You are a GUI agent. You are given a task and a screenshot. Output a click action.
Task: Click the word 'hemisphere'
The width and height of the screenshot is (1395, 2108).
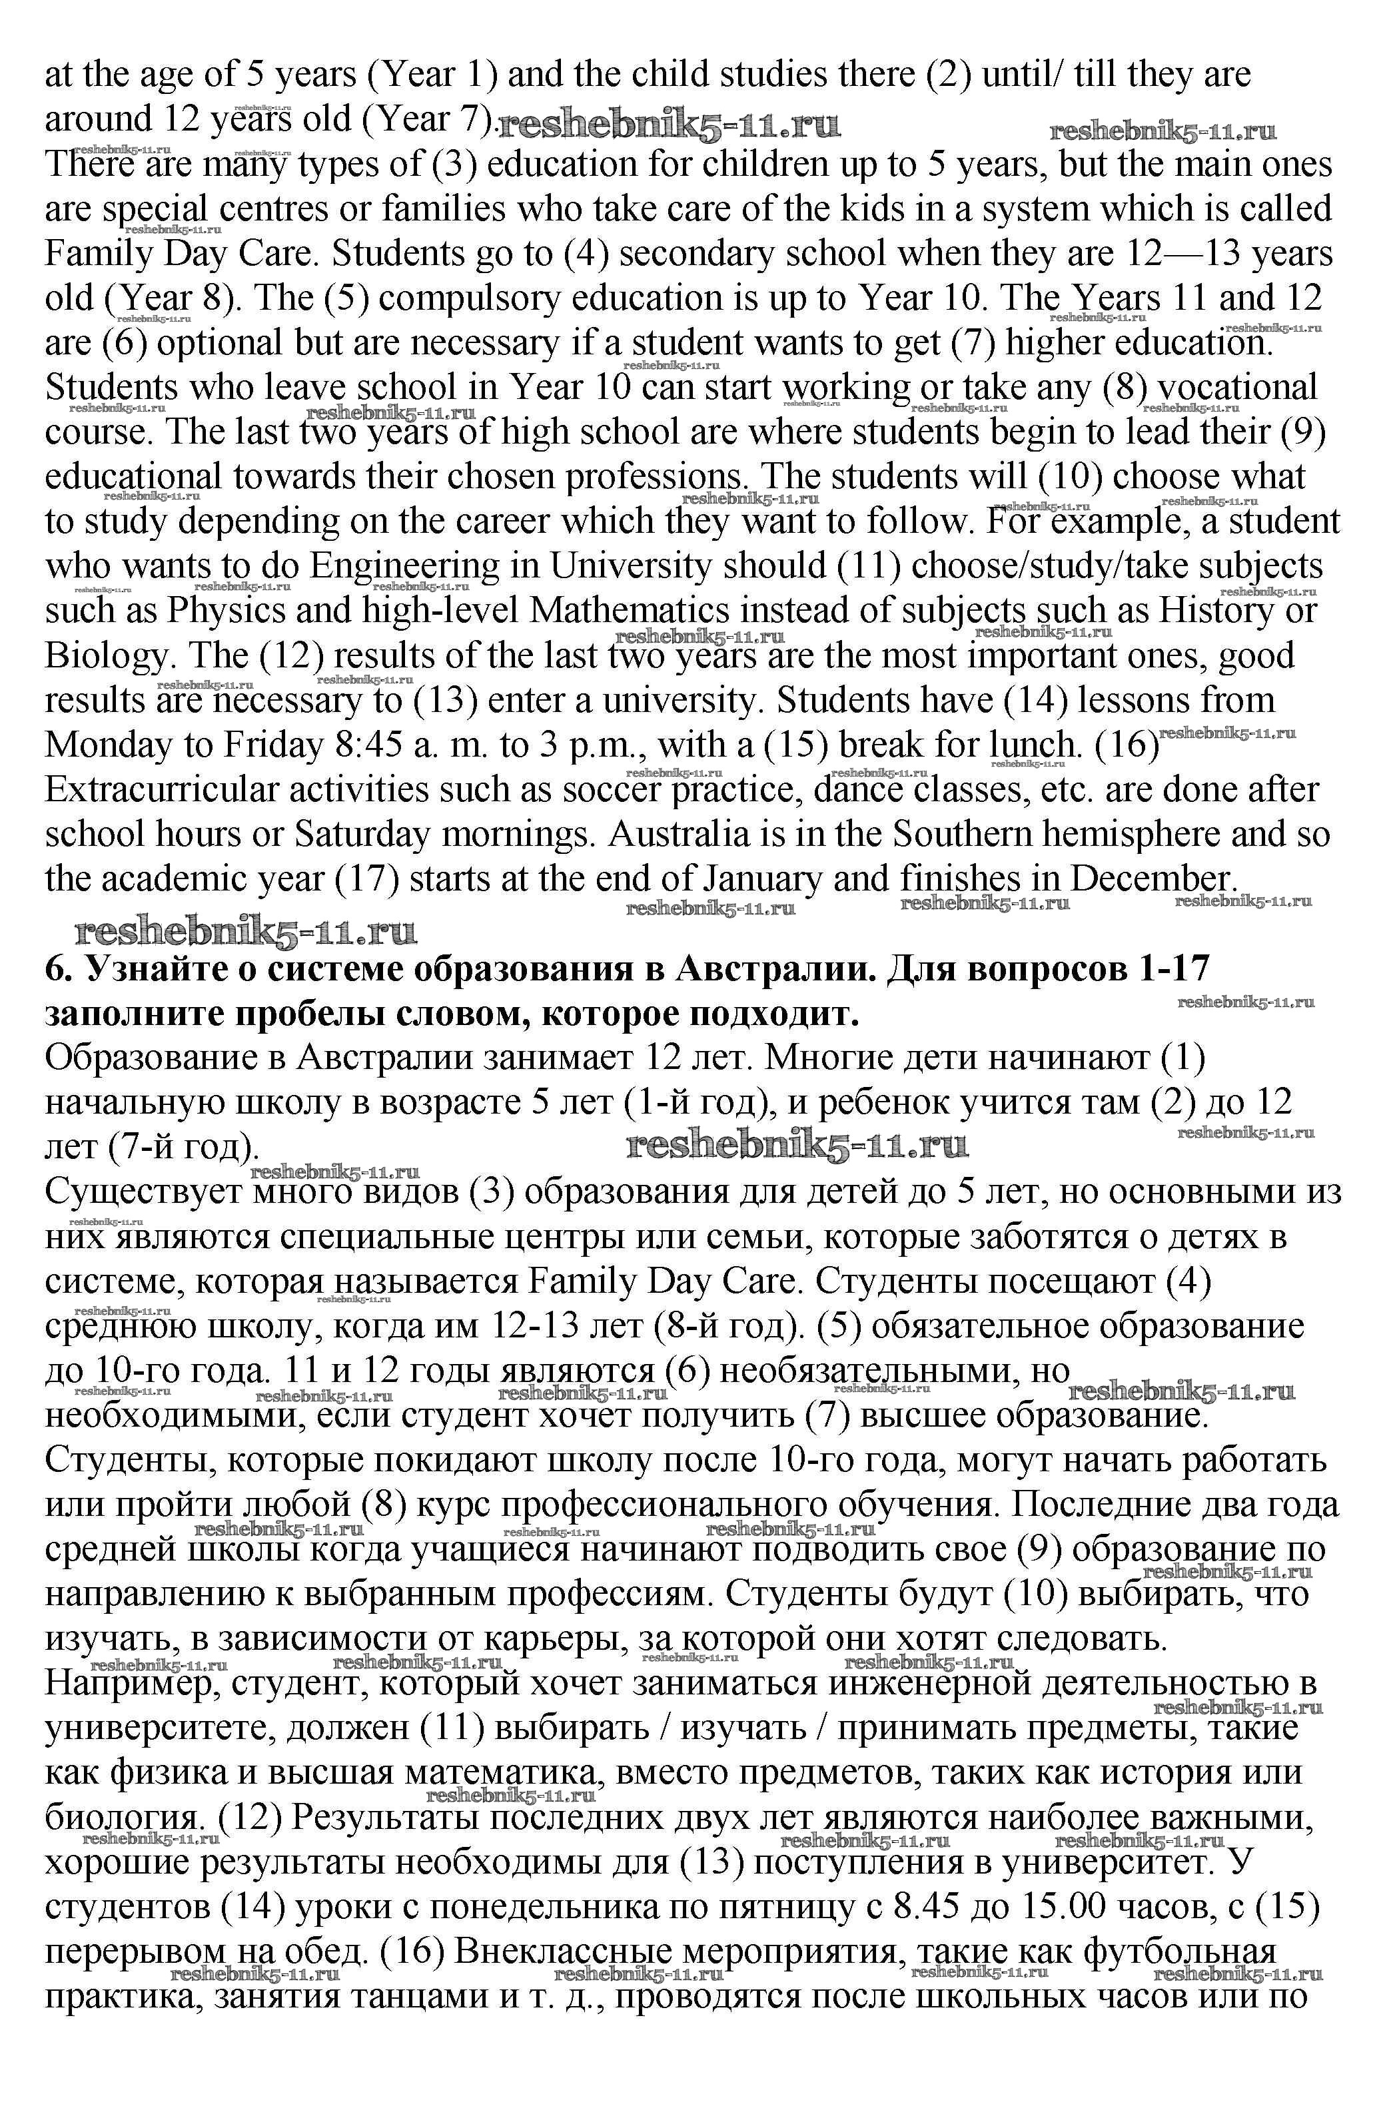click(1160, 835)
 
